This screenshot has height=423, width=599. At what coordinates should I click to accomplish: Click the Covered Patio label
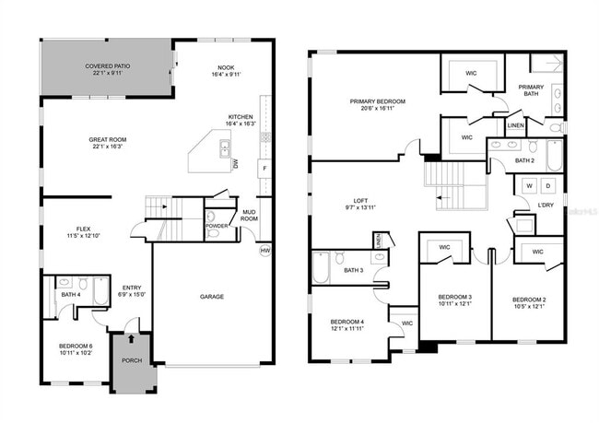[x=107, y=67]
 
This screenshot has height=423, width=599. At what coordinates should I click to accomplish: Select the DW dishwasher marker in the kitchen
[x=235, y=164]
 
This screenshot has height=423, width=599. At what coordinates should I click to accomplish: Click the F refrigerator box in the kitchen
[x=264, y=170]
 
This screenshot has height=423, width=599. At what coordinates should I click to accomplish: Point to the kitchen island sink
[x=223, y=147]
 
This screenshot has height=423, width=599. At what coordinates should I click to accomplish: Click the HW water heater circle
[x=265, y=251]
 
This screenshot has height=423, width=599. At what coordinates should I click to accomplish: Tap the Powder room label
[x=216, y=226]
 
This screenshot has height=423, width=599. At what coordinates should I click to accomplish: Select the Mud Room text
[x=249, y=216]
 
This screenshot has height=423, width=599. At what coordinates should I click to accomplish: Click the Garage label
[x=213, y=297]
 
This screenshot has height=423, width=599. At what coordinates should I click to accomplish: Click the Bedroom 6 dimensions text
[x=76, y=353]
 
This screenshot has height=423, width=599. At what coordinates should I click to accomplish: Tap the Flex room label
[x=76, y=229]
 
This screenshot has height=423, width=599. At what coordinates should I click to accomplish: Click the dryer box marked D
[x=546, y=185]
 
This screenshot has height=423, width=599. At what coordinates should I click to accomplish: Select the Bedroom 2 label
[x=529, y=300]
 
